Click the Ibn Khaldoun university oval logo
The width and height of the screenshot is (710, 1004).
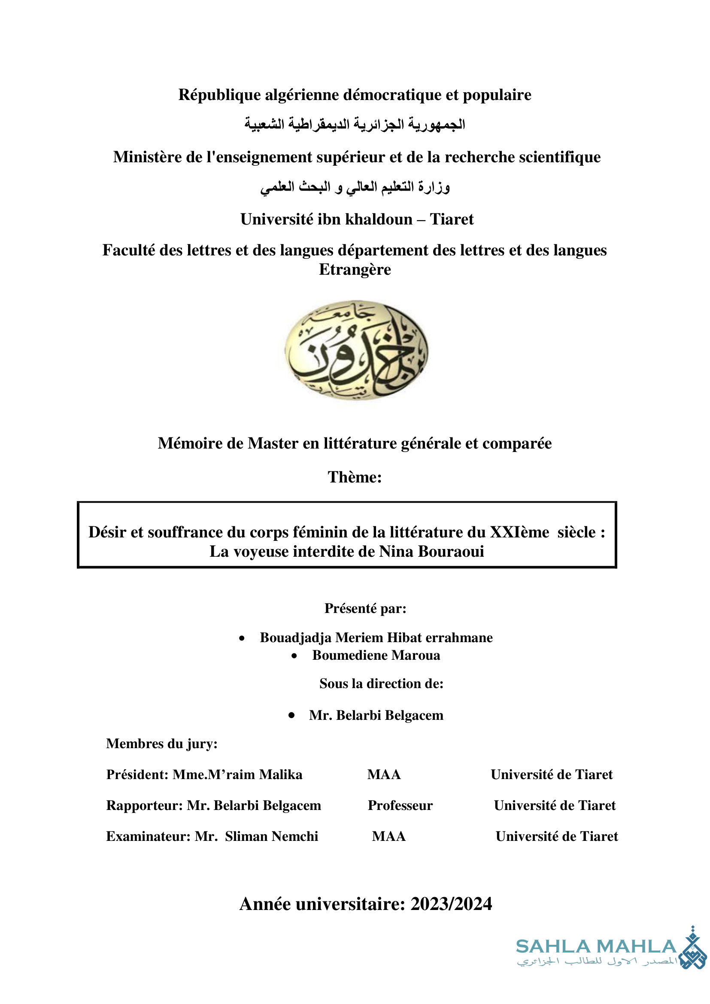click(356, 350)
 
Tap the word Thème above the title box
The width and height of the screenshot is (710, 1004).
click(355, 477)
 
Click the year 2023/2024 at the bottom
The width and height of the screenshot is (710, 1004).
click(451, 904)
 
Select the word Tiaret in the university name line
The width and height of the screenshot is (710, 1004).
click(452, 219)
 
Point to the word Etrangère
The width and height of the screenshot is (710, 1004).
click(355, 270)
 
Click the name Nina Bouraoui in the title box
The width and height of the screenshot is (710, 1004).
click(431, 552)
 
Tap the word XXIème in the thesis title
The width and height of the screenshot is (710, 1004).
click(519, 532)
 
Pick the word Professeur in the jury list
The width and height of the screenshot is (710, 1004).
click(400, 805)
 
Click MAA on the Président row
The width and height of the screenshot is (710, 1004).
click(384, 774)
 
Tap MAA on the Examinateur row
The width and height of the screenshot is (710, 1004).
click(388, 836)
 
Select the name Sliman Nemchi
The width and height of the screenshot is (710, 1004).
click(271, 836)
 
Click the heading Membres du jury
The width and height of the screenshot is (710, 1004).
click(162, 743)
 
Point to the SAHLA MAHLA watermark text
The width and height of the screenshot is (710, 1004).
click(596, 946)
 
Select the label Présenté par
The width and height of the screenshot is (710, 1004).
click(365, 608)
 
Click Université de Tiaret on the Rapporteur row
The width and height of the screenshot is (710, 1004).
click(554, 805)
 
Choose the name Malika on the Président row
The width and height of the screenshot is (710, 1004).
click(281, 774)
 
